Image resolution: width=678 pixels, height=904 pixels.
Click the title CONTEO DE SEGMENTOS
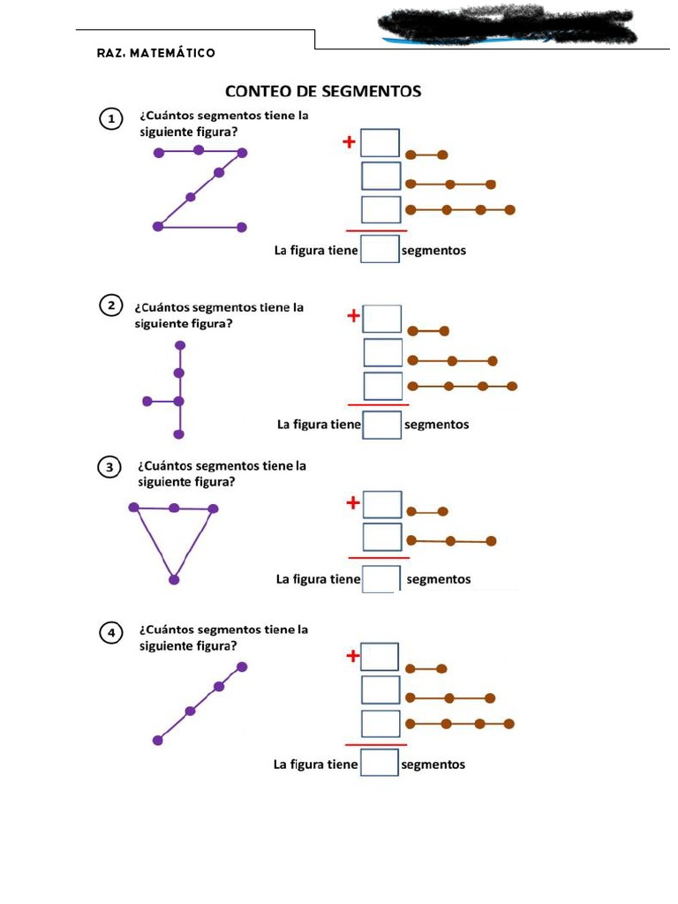pos(323,91)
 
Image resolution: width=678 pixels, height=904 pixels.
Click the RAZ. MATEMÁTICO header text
pos(156,53)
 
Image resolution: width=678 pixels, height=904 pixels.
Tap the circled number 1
pos(110,120)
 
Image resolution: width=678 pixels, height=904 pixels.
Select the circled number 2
pos(110,306)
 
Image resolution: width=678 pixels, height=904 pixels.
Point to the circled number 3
pos(110,468)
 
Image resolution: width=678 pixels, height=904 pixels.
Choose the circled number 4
pos(110,633)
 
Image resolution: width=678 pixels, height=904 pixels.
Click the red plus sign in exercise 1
pos(350,141)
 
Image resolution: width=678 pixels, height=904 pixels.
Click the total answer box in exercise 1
pos(380,250)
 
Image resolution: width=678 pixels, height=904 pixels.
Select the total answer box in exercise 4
pos(380,763)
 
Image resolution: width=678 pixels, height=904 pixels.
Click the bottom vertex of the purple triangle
pos(174,580)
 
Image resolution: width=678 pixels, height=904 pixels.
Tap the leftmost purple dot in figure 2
pos(147,402)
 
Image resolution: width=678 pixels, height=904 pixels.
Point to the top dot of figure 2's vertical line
pos(180,345)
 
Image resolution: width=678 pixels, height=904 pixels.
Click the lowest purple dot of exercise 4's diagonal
pos(158,740)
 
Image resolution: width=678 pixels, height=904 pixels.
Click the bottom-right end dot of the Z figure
pos(243,227)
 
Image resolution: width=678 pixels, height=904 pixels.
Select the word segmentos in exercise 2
pos(436,425)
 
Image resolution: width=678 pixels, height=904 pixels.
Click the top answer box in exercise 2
pos(383,319)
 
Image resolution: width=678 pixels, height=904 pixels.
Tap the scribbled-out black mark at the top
pos(507,26)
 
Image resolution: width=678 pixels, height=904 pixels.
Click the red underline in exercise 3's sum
pos(379,558)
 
